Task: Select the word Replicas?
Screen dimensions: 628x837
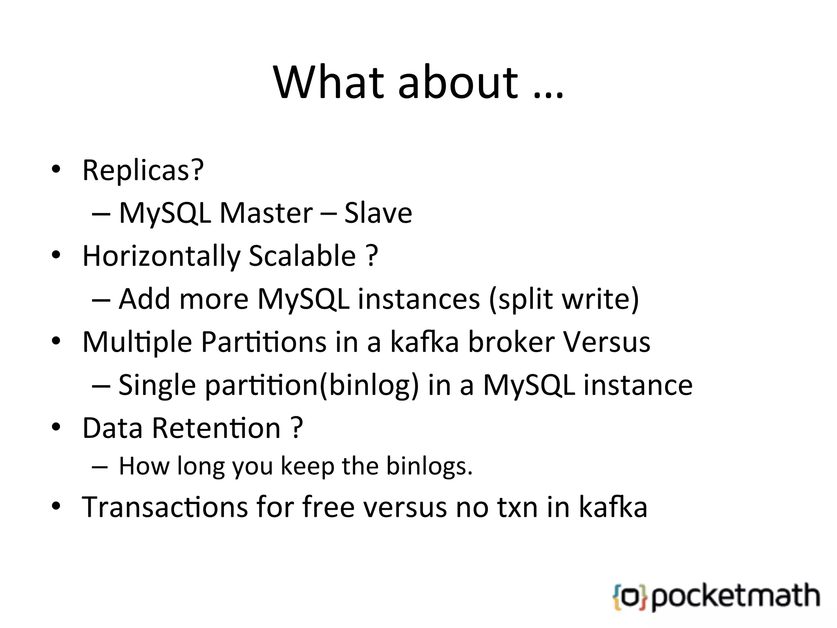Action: tap(143, 170)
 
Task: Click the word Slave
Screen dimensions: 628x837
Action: tap(378, 213)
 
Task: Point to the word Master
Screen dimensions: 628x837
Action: tap(266, 213)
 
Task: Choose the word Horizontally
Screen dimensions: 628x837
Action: tap(161, 256)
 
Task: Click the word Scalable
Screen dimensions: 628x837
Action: tap(302, 256)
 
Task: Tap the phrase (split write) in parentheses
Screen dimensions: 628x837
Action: tap(564, 299)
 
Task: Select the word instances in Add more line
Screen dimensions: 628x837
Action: tap(418, 299)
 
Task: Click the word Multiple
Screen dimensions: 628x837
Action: tap(137, 343)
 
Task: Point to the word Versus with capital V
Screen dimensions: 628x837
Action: tap(606, 342)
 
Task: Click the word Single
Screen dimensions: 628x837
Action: tap(157, 385)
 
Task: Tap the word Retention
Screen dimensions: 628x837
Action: tap(216, 428)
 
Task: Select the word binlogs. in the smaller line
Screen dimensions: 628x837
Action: tap(429, 466)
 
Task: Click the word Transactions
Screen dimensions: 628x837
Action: tap(165, 507)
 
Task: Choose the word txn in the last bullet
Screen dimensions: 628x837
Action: tap(517, 507)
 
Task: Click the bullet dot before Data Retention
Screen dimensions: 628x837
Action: tap(56, 427)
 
